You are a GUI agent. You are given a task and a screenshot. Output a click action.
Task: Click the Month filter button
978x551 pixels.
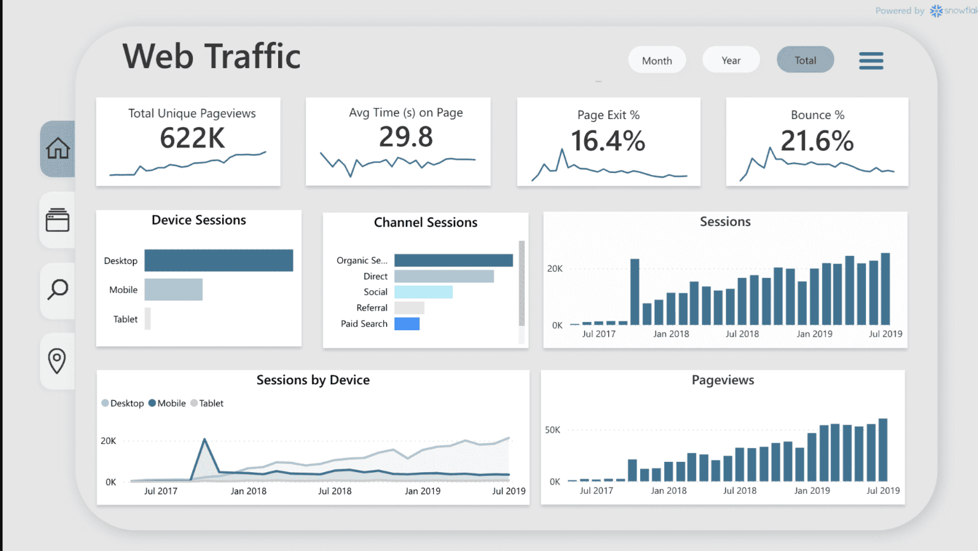click(657, 60)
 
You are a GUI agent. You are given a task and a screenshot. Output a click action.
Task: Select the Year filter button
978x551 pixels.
click(730, 60)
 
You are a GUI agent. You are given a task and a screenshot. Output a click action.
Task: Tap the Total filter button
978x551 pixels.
click(805, 60)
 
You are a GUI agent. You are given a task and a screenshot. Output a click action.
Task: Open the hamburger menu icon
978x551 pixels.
click(871, 61)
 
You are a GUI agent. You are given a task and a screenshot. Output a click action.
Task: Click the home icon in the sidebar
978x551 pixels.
click(58, 149)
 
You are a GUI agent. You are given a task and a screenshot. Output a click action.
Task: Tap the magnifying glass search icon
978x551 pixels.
click(58, 289)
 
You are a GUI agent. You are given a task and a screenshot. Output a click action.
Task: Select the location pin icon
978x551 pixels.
click(57, 361)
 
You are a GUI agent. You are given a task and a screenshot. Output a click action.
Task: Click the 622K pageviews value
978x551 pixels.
click(192, 138)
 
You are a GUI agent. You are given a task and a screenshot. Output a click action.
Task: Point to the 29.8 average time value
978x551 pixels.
click(406, 137)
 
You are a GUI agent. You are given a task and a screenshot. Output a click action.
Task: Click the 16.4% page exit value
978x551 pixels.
click(608, 141)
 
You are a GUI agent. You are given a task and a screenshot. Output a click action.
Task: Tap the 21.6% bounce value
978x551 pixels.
click(817, 141)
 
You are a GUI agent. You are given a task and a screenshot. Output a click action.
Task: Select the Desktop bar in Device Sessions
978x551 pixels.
click(218, 260)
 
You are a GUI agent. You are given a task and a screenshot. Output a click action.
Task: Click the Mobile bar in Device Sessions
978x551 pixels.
click(173, 289)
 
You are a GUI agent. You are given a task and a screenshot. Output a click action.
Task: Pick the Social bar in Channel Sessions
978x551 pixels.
click(423, 292)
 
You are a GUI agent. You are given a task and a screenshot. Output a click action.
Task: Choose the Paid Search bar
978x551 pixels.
click(407, 324)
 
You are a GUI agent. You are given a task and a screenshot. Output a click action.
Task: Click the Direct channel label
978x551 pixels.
click(375, 276)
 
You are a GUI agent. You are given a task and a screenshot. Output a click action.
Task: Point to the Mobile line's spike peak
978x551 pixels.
click(204, 440)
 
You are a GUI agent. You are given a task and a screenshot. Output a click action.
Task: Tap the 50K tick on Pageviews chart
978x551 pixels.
click(552, 430)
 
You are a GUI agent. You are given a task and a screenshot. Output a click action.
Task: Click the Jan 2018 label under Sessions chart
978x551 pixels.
click(671, 334)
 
